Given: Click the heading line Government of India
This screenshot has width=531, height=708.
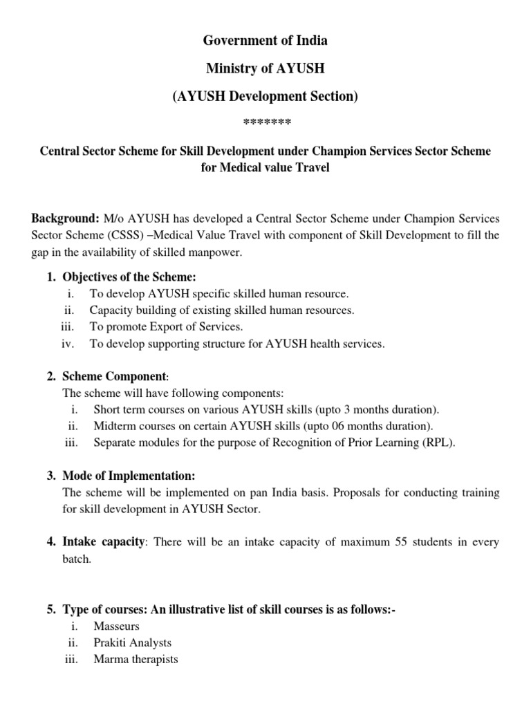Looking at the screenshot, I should [x=265, y=41].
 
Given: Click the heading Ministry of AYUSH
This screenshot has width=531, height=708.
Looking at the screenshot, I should [x=265, y=69].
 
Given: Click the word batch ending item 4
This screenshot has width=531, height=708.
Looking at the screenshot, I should [x=77, y=559].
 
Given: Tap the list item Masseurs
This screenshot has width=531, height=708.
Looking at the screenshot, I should [x=117, y=626].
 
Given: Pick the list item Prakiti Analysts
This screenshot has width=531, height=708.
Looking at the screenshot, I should [x=133, y=643].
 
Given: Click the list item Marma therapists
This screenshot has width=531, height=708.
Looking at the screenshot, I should [x=136, y=660].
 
